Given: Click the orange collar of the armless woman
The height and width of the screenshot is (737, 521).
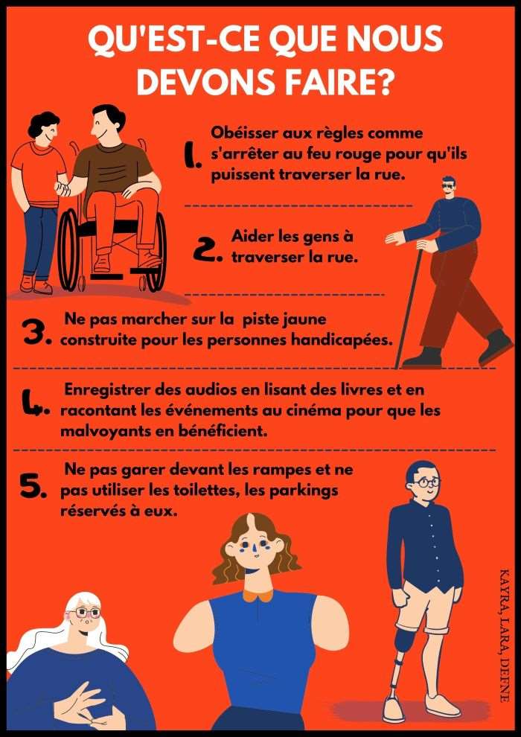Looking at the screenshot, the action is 258,595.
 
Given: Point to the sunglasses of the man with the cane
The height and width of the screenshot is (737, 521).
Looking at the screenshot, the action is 448,186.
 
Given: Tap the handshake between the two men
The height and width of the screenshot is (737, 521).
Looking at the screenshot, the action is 63,189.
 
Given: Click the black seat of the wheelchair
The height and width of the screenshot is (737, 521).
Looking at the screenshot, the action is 108,228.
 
